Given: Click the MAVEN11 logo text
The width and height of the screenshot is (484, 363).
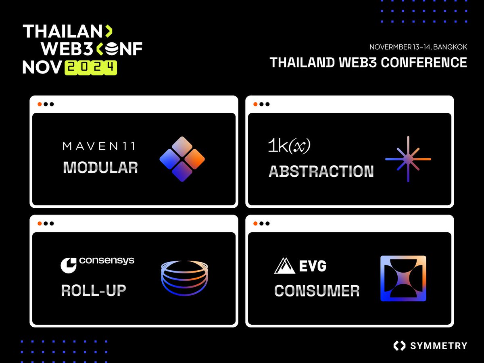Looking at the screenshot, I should [x=99, y=146].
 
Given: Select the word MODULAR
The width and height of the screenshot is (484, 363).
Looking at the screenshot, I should [x=100, y=167].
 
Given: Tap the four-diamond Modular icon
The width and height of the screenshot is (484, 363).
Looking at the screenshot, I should [x=182, y=159].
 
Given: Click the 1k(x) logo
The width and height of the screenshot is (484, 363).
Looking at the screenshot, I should [x=289, y=146].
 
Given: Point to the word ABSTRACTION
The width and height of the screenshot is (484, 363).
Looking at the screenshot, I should [x=321, y=171].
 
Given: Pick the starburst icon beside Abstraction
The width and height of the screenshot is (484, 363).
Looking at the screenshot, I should [x=408, y=159].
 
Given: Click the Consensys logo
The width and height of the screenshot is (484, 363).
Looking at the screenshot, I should [x=97, y=263].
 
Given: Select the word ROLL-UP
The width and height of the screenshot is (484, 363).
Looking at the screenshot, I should [x=93, y=290].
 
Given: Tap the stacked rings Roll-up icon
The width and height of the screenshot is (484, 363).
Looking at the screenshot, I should [x=184, y=278].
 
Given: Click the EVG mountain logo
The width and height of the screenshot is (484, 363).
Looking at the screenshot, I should [x=300, y=266].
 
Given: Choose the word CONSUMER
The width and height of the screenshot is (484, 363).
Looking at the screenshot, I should [x=317, y=291].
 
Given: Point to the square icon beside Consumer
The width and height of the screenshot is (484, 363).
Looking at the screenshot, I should [x=403, y=278].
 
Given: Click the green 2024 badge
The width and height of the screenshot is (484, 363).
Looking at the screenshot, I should [x=91, y=68].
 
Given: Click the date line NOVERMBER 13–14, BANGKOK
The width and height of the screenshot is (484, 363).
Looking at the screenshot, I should [x=418, y=47].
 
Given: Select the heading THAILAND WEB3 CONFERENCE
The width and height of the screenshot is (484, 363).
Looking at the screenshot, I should [x=368, y=63].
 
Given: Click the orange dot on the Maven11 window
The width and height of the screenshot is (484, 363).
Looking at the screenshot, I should [x=40, y=104].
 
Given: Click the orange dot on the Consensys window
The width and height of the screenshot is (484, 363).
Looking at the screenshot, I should [x=40, y=223].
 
